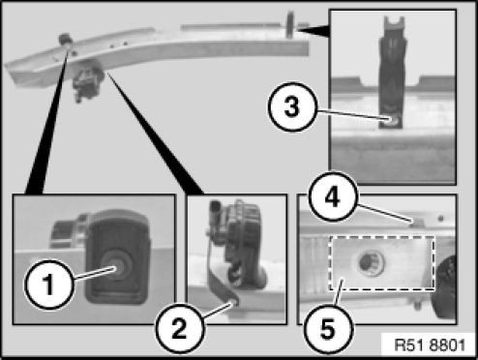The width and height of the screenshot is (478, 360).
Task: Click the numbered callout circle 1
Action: click(49, 285)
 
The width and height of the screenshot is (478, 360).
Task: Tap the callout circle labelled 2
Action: click(180, 329)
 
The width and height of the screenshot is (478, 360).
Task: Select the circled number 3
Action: click(292, 106)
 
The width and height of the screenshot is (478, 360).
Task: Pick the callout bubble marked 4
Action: click(333, 196)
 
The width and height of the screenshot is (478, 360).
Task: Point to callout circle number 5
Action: click(329, 329)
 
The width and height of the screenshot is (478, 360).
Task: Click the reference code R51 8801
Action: click(431, 345)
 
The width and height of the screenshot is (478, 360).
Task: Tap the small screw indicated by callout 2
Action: click(234, 303)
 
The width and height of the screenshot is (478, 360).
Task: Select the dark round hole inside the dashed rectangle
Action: click(371, 263)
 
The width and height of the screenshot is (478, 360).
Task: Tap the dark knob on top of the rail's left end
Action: click(66, 40)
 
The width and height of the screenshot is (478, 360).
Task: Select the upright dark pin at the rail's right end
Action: click(290, 24)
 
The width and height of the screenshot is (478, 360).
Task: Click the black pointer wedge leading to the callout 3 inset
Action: click(313, 30)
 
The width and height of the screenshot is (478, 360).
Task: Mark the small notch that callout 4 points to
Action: click(416, 223)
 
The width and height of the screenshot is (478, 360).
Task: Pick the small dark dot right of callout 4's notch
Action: click(441, 219)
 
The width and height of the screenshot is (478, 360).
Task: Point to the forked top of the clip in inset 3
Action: click(394, 23)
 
